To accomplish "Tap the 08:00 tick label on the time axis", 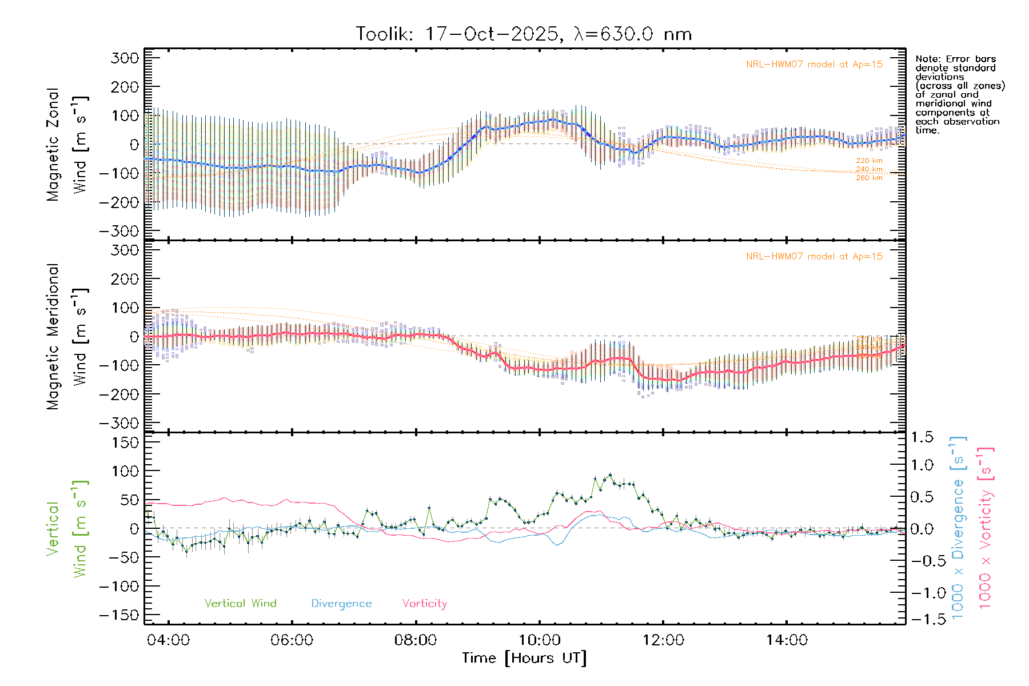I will click(x=415, y=640).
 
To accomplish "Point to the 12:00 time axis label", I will click(x=663, y=640).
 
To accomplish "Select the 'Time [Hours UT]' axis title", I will click(x=524, y=658).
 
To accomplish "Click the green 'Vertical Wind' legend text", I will click(x=240, y=604).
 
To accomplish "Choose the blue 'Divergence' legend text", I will click(x=341, y=604).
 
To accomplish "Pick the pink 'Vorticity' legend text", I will click(x=424, y=604).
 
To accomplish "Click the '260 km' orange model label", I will click(x=869, y=178).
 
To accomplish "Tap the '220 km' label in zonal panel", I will click(x=869, y=161).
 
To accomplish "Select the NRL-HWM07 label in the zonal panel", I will click(x=814, y=65).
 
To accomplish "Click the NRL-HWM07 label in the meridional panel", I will click(x=814, y=257).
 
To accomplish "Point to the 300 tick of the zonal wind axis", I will click(x=125, y=58).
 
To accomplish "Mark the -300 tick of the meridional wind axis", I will click(x=119, y=423).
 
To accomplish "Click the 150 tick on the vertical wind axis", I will click(x=125, y=442).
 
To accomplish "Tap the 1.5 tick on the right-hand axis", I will click(x=922, y=437).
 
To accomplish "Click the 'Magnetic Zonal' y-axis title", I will click(x=53, y=145).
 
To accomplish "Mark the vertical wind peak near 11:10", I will click(x=610, y=474).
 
